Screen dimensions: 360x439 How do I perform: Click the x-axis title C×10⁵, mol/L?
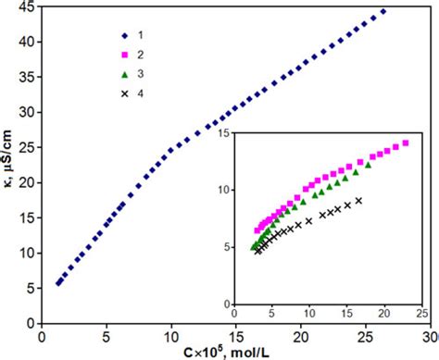coord(235,350)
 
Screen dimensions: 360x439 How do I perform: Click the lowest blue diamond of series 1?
coord(57,284)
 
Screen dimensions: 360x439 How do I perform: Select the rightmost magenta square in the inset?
coord(405,143)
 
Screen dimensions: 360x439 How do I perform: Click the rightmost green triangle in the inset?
coord(368,164)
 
